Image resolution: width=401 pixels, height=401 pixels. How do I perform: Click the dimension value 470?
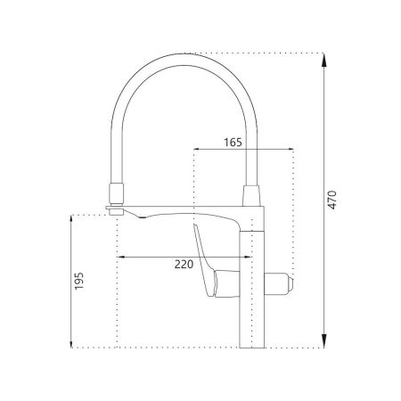click(332, 200)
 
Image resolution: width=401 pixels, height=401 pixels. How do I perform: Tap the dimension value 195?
click(79, 281)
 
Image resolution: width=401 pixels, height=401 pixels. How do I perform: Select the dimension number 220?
click(184, 264)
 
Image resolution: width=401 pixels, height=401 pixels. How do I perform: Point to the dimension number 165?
click(233, 143)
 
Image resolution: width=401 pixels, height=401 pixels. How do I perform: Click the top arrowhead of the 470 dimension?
click(323, 60)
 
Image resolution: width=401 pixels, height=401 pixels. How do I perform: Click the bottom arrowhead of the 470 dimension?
click(323, 340)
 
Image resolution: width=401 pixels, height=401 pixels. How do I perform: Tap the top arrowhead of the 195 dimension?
click(71, 218)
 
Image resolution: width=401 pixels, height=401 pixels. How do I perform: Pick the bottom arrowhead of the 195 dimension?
click(71, 344)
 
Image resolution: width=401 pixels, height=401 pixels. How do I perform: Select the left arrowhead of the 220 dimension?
click(122, 257)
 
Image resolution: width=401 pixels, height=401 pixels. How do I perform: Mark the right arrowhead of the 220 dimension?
click(248, 257)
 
